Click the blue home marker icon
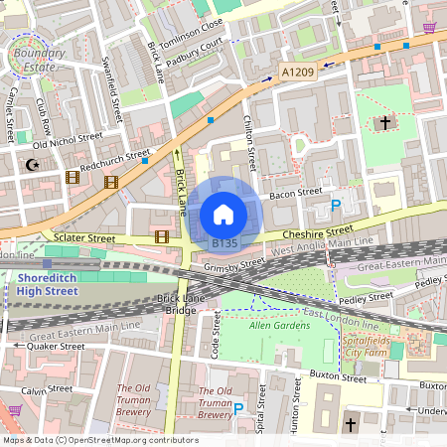[x=223, y=214]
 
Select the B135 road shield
[x=224, y=242]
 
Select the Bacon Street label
[x=296, y=192]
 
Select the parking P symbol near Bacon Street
[x=336, y=206]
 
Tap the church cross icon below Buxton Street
[x=350, y=425]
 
